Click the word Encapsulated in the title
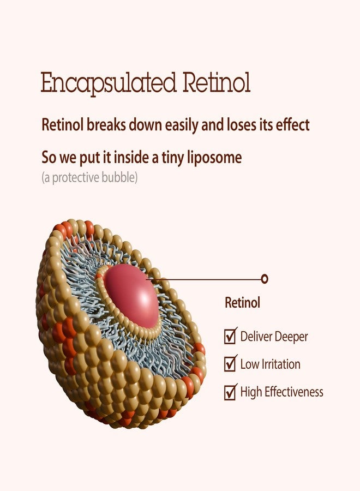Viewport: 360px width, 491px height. coord(109,83)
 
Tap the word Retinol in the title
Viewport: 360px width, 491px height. coord(217,82)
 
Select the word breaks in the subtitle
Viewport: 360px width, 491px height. coord(106,124)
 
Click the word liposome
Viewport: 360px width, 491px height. coord(214,158)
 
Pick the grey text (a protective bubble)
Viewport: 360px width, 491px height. coord(89,177)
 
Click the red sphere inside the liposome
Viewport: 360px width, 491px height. coord(131,296)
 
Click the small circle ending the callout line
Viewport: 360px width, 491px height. coord(265,278)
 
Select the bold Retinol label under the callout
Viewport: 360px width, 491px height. coord(243,302)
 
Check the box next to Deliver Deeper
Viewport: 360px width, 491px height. coord(230,336)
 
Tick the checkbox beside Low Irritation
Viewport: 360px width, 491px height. coord(230,363)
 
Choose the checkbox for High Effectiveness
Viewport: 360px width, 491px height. coord(230,392)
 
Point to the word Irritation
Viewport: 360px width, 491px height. coord(280,364)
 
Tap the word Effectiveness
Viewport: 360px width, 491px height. coord(294,392)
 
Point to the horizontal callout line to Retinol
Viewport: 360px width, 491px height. coord(205,279)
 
